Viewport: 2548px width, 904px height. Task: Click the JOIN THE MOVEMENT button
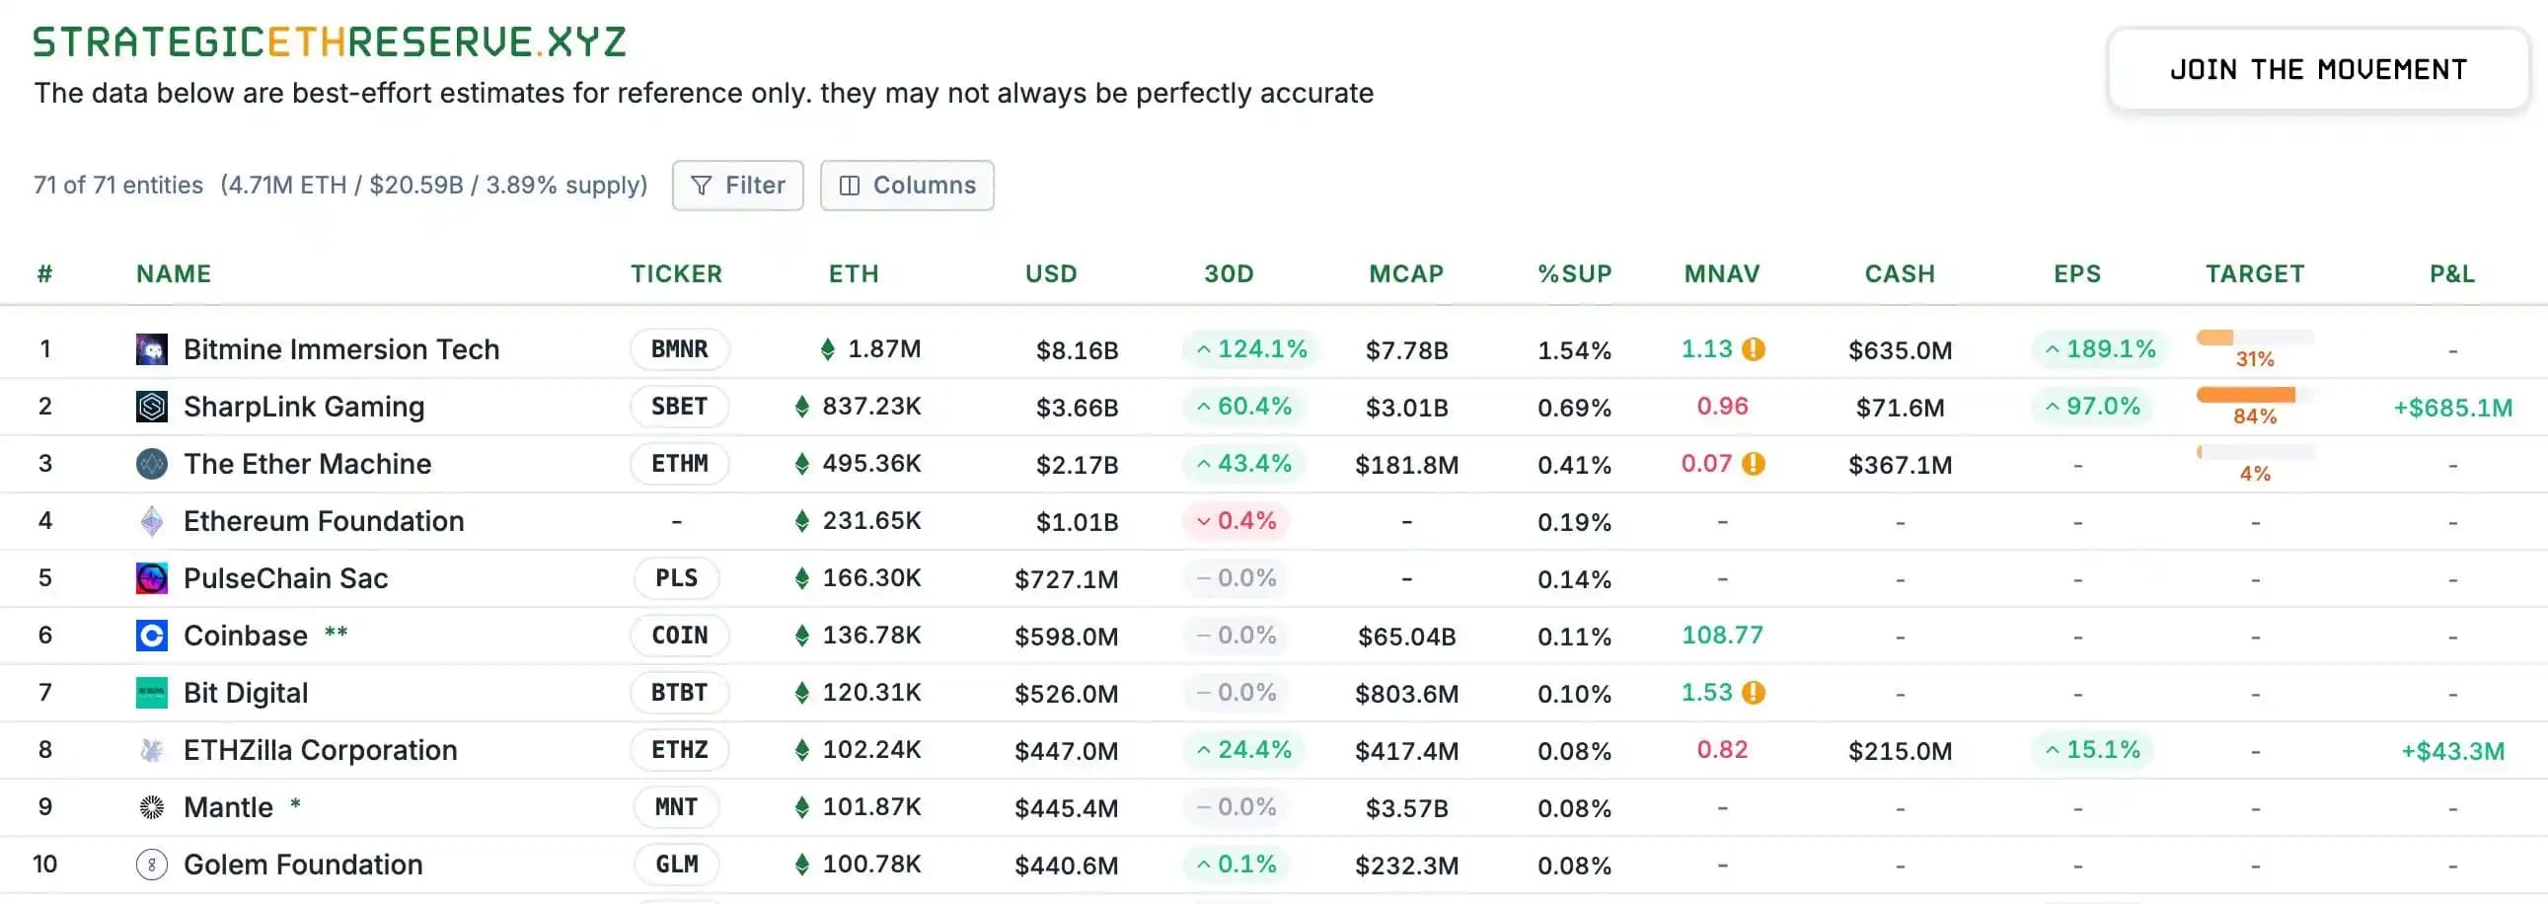pos(2317,69)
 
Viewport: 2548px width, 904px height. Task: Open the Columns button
pos(906,185)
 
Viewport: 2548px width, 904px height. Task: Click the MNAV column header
pos(1721,274)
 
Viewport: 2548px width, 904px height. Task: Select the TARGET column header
pos(2254,274)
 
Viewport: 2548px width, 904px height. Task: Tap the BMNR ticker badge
pos(680,349)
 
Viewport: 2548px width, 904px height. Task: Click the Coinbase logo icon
pos(151,635)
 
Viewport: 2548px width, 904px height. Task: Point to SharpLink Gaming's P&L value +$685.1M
pos(2452,408)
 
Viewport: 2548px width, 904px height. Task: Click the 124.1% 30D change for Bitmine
pos(1251,349)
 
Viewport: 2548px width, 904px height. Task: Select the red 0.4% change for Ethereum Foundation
pos(1236,521)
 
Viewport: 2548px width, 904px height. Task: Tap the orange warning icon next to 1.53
pos(1754,693)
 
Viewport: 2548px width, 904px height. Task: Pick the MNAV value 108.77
pos(1721,635)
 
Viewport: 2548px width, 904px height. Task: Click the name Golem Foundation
pos(303,865)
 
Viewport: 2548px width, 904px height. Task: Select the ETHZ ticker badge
pos(680,750)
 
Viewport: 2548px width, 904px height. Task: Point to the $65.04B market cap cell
pos(1405,636)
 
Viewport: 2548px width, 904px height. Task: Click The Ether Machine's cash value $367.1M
pos(1899,465)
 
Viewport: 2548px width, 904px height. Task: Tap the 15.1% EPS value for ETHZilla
pos(2093,750)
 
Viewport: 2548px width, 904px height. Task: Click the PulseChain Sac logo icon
pos(151,578)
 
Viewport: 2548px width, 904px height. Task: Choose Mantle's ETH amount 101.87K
pos(870,807)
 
